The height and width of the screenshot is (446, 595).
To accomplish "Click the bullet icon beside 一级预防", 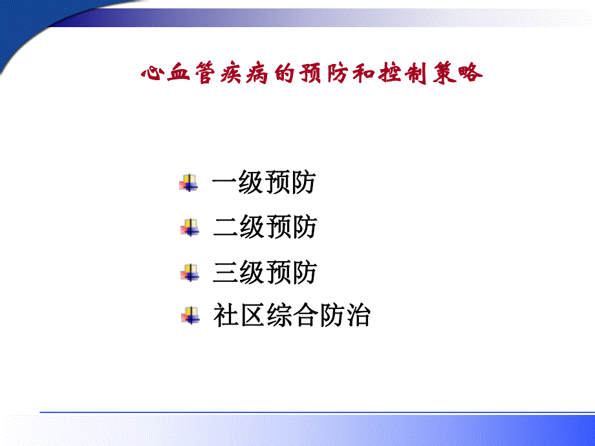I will click(189, 184).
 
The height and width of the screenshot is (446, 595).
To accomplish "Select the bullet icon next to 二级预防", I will click(189, 228).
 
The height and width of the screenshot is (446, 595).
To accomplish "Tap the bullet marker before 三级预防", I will click(189, 273).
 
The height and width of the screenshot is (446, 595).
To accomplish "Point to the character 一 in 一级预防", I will click(225, 184).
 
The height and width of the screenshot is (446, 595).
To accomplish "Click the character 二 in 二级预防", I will click(226, 228).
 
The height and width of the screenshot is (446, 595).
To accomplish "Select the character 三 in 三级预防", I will click(226, 273).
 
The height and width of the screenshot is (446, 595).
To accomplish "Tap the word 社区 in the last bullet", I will click(239, 317).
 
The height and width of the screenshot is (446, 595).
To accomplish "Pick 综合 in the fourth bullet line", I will click(292, 317).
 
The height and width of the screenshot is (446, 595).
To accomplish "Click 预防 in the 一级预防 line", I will click(290, 184).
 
